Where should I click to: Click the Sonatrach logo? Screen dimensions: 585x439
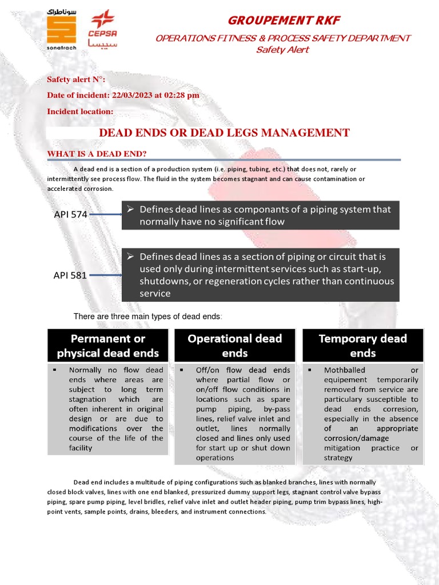pyautogui.click(x=61, y=30)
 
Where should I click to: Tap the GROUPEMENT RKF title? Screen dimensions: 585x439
pyautogui.click(x=284, y=21)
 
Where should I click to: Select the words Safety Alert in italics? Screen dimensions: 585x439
pyautogui.click(x=282, y=50)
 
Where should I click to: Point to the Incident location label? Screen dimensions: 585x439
pyautogui.click(x=80, y=111)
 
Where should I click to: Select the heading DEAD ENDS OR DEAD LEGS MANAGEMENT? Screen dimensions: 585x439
pyautogui.click(x=225, y=133)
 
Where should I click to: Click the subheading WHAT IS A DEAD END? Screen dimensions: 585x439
pyautogui.click(x=97, y=154)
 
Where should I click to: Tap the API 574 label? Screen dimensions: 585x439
pyautogui.click(x=70, y=215)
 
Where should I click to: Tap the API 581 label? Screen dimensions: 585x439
pyautogui.click(x=70, y=275)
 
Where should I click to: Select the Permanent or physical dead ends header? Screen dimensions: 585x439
pyautogui.click(x=108, y=345)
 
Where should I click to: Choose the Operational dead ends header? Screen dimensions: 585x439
pyautogui.click(x=235, y=345)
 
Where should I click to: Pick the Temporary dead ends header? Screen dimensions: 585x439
pyautogui.click(x=362, y=345)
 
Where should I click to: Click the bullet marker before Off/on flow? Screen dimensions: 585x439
pyautogui.click(x=181, y=370)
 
